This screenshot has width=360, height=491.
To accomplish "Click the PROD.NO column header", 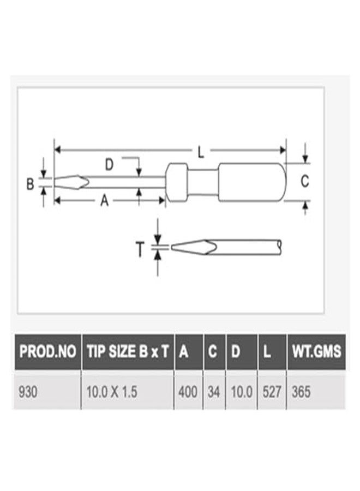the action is tap(47, 352).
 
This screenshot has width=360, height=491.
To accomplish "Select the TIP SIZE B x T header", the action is tap(128, 352).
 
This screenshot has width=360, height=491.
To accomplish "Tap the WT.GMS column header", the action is tap(316, 352).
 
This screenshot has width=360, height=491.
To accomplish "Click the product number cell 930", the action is tap(28, 392).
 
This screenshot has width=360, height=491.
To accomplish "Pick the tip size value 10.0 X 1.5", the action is tap(112, 392).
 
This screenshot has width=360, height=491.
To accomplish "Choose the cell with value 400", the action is tap(188, 392).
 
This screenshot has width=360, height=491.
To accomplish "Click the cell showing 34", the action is tap(214, 392).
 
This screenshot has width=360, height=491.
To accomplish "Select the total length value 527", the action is tap(272, 392).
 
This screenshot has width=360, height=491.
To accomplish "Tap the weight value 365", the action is tap(301, 392).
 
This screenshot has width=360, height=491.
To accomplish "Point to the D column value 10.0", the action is tap(242, 392).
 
